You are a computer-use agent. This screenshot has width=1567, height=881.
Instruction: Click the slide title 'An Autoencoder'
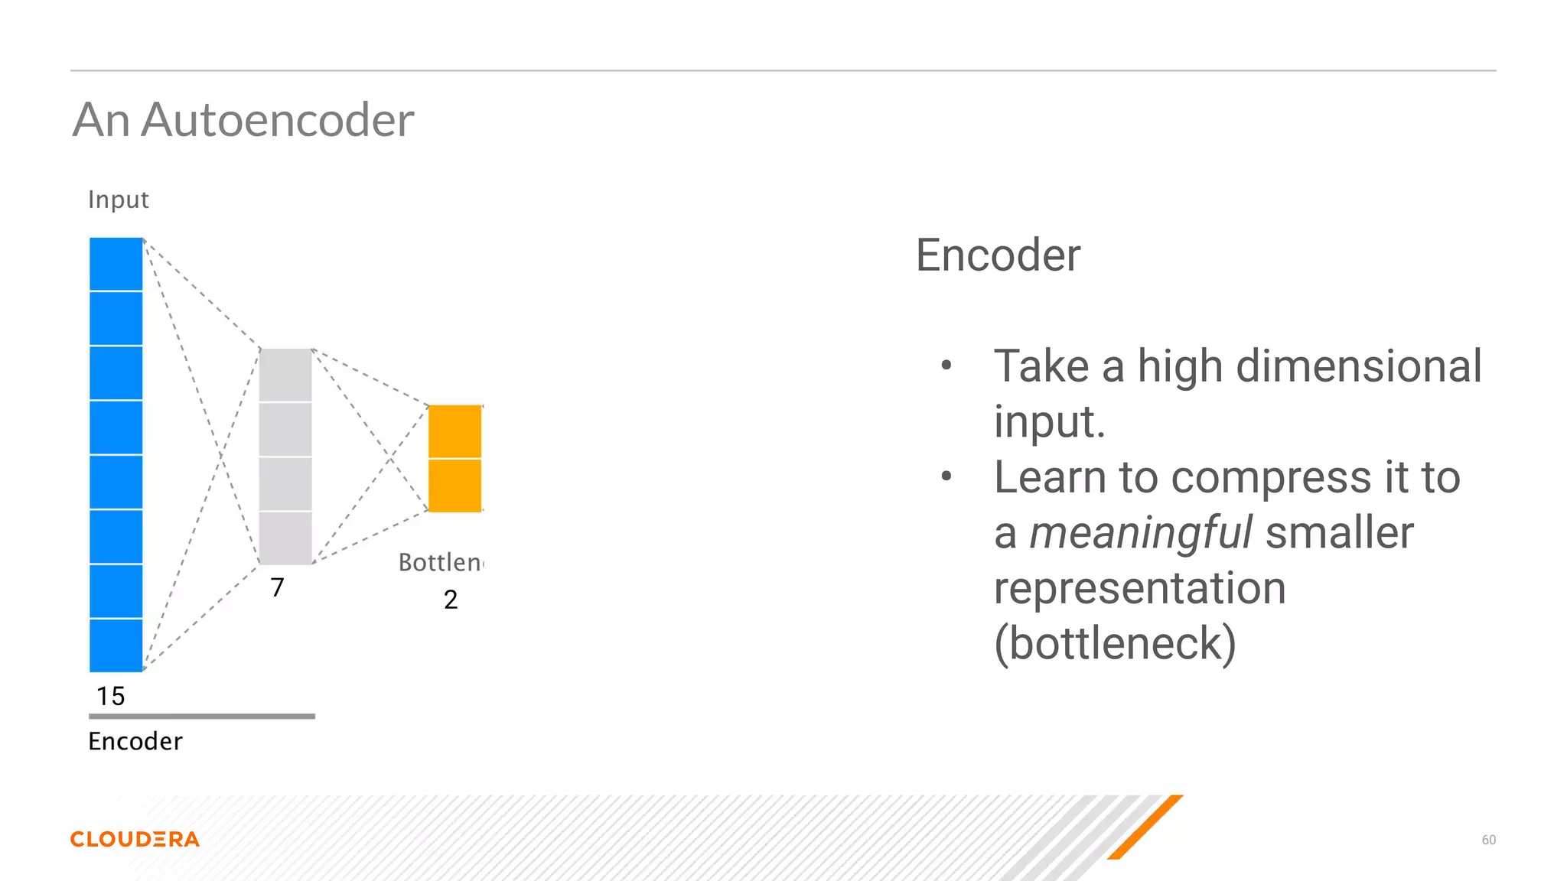coord(243,120)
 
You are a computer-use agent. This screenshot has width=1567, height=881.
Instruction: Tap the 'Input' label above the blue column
coord(118,200)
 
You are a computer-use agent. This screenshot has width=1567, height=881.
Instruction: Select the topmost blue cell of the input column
coord(116,264)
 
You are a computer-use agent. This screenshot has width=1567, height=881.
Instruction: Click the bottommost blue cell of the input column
coord(116,645)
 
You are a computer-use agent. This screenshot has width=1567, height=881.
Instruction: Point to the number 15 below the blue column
coord(110,696)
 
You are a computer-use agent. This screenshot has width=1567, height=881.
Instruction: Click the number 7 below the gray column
coord(277,587)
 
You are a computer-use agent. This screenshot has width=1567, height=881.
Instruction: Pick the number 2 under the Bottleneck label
coord(451,600)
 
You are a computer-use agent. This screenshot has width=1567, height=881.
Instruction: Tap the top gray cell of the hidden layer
coord(285,375)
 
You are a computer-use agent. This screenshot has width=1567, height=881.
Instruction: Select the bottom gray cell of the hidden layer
coord(285,538)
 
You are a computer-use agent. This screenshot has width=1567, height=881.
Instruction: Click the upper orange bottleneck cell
coord(454,431)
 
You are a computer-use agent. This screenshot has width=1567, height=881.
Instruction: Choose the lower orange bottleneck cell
coord(454,486)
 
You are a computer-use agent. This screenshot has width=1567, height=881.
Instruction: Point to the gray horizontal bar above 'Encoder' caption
coord(202,717)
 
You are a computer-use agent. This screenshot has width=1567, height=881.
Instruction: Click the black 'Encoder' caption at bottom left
coord(135,741)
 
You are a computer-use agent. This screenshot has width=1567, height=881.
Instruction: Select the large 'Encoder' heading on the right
coord(998,255)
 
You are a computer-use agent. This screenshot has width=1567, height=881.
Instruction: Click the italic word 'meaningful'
coord(1140,533)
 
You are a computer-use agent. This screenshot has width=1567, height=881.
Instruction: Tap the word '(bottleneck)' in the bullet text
coord(1115,643)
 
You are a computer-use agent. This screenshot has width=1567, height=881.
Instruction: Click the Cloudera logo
coord(135,839)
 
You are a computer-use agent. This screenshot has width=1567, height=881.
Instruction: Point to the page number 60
coord(1488,840)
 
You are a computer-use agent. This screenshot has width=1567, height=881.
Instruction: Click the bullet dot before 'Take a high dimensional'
coord(946,366)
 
